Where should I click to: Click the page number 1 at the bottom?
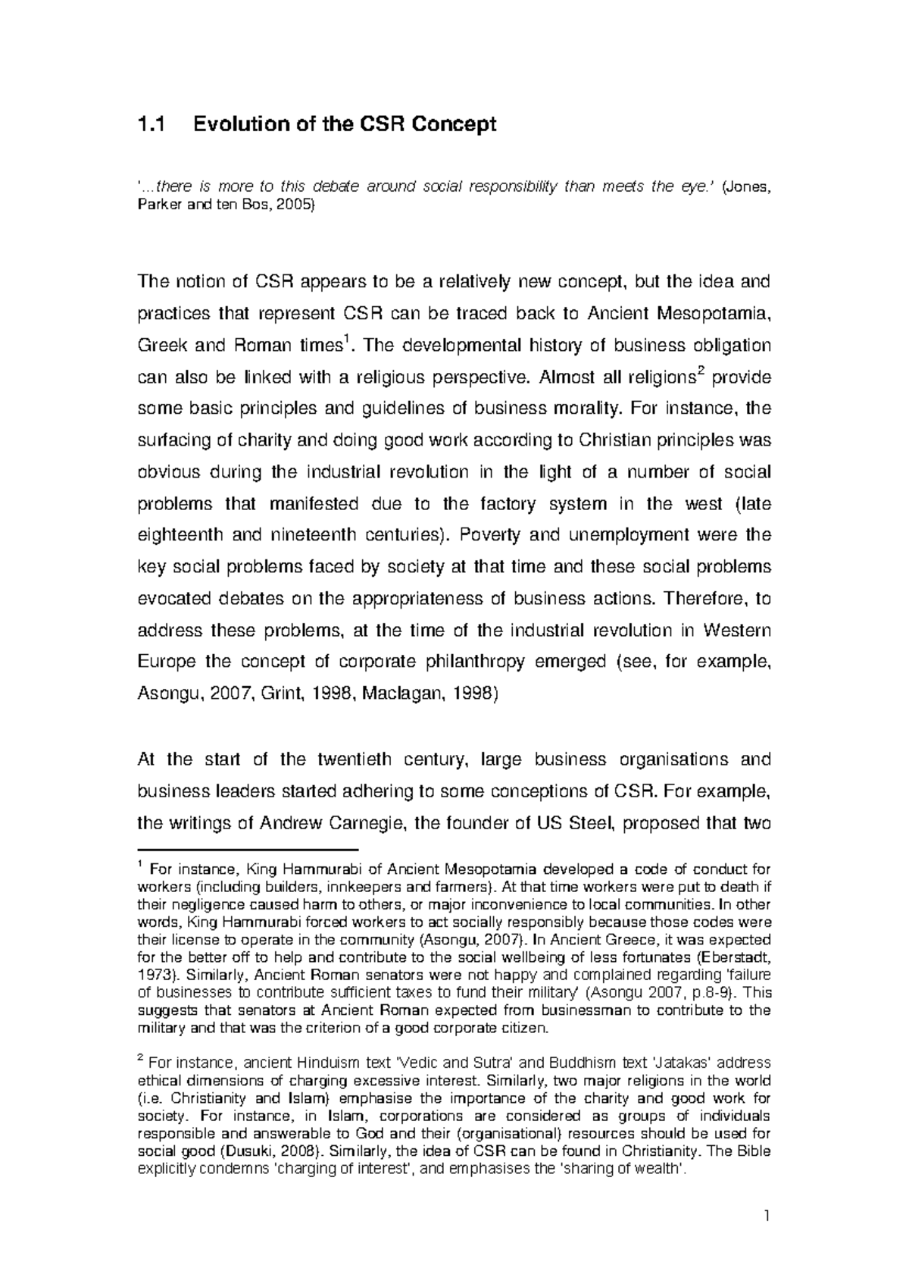(767, 1217)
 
